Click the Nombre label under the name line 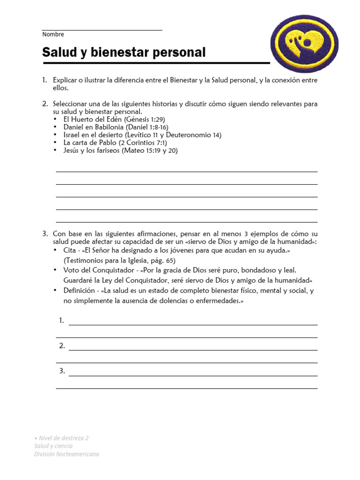(x=53, y=34)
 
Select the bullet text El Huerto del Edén (x=92, y=120)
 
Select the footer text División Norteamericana (x=67, y=454)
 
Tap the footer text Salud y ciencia (x=53, y=446)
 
